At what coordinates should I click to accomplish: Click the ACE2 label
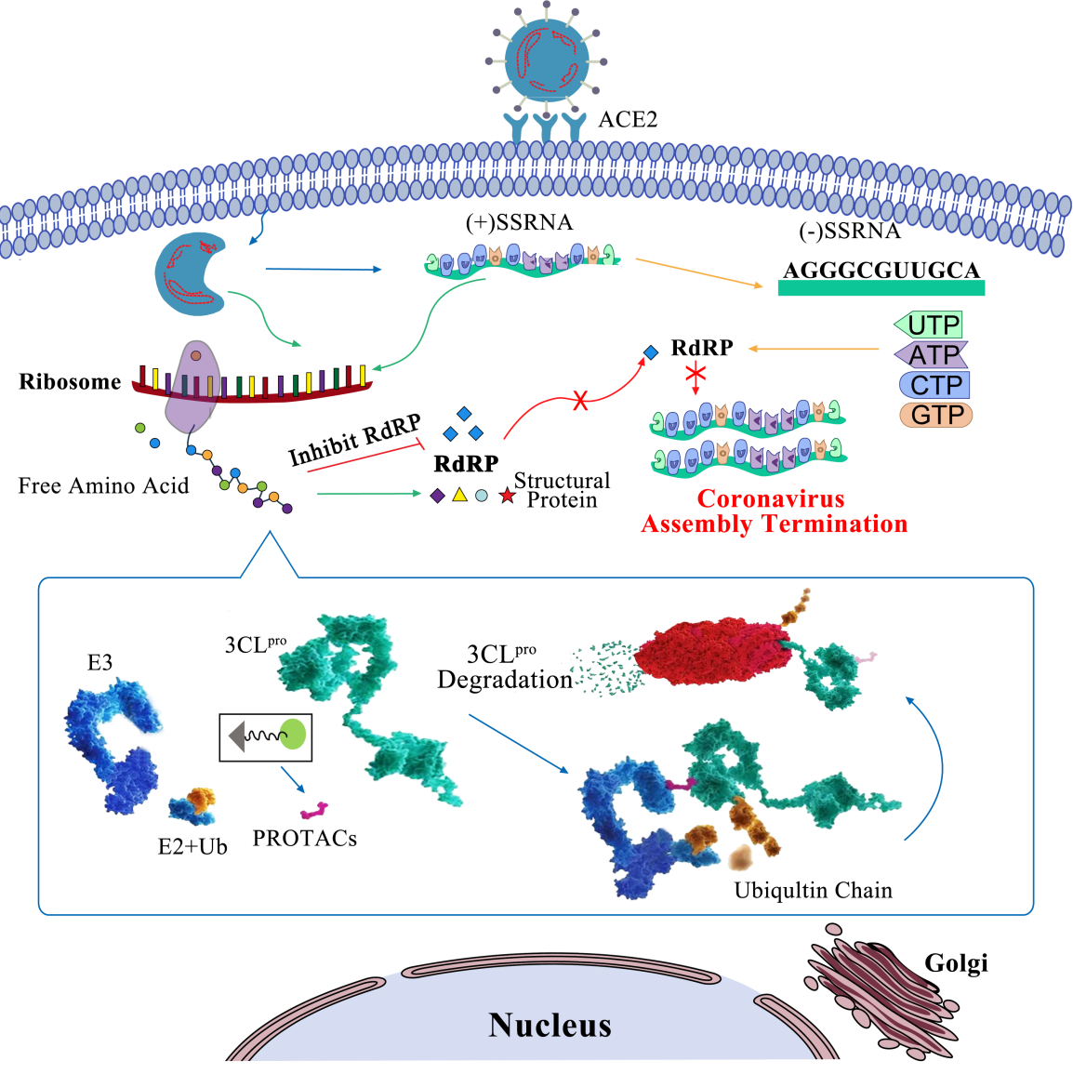point(628,119)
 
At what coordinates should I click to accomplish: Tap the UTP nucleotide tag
point(931,325)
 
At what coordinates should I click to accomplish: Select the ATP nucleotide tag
point(933,354)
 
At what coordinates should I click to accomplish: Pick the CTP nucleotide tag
point(935,385)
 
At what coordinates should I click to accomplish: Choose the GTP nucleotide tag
point(936,415)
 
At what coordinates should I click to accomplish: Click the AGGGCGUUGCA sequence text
point(881,271)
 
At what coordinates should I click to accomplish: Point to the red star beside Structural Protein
point(507,497)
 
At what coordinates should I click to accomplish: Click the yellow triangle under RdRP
point(459,496)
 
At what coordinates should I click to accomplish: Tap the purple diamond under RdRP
point(438,497)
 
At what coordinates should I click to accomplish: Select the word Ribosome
point(71,381)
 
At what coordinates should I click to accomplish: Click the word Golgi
point(956,963)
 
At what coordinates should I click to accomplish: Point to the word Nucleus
point(550,1025)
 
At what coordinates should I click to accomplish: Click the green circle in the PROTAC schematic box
point(293,735)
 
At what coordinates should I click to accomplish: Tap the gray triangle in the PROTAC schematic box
point(234,736)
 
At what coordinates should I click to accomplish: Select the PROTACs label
point(305,839)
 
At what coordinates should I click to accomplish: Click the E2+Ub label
point(192,846)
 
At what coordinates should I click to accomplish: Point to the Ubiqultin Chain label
point(813,891)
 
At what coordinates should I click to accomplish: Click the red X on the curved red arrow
point(581,401)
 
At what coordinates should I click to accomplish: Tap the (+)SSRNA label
point(519,223)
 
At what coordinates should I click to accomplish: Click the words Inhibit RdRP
point(354,441)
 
